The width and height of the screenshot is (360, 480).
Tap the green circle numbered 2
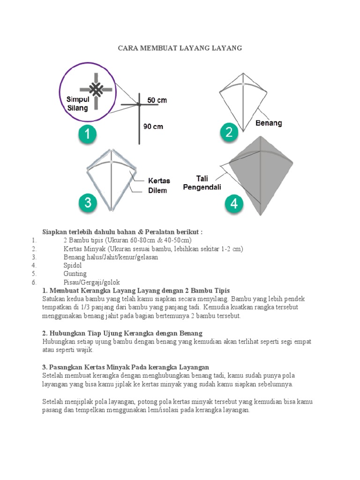[x=229, y=133]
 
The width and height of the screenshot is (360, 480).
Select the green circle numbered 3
[x=87, y=203]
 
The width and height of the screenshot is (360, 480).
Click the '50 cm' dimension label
[x=157, y=100]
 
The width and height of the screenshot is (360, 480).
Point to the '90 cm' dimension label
[x=153, y=127]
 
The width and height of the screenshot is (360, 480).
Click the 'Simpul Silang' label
[x=78, y=104]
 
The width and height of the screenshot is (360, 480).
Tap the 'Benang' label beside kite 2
[x=269, y=123]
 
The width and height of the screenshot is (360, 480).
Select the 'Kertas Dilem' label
[x=159, y=186]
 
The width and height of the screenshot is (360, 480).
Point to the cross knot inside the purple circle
[x=96, y=90]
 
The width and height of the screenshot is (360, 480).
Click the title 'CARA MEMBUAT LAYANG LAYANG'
[x=180, y=48]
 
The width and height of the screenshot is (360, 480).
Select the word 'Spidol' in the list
[x=73, y=265]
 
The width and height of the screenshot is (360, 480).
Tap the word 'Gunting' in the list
[x=75, y=274]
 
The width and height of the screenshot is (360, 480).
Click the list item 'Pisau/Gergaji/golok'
[x=92, y=282]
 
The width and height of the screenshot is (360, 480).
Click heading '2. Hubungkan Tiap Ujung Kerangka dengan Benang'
[x=122, y=333]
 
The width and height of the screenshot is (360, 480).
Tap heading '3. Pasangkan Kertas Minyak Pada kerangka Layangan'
[x=126, y=367]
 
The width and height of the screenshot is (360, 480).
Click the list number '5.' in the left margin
[x=34, y=274]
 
